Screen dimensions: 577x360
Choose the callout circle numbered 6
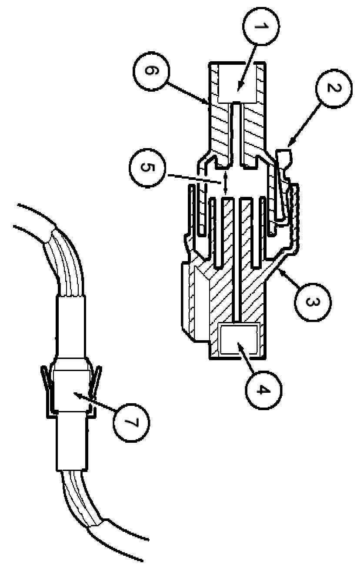[148, 71]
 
